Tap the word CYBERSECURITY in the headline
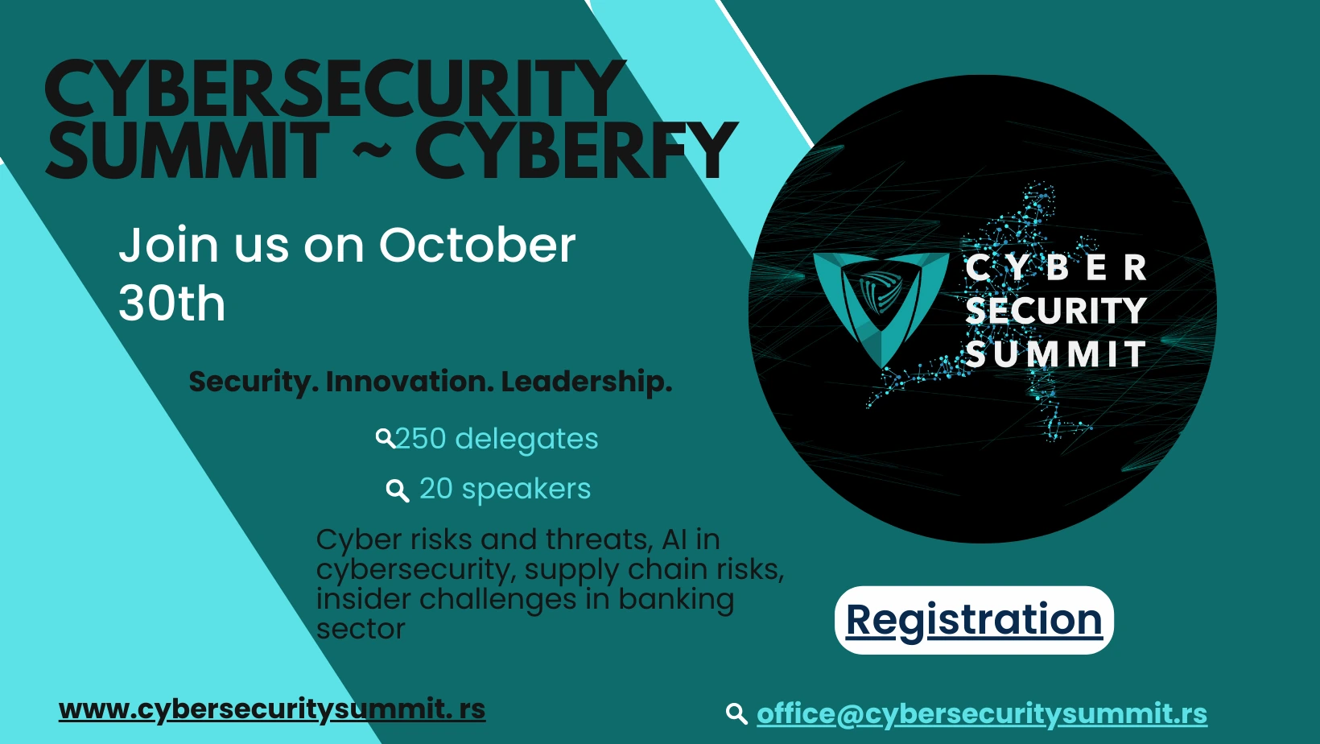click(x=335, y=89)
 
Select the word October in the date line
click(x=476, y=245)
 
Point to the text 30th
click(x=172, y=303)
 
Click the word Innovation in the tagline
click(x=410, y=382)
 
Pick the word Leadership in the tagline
click(x=587, y=382)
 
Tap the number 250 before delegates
click(x=420, y=439)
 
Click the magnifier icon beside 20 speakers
click(x=397, y=490)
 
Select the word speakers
click(x=526, y=490)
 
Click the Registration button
click(x=974, y=620)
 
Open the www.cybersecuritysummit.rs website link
click(x=272, y=709)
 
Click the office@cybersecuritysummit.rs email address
click(x=982, y=714)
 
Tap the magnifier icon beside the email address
click(x=736, y=713)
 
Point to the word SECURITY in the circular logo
click(x=1056, y=311)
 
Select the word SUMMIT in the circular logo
click(x=1056, y=354)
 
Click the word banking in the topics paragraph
click(x=676, y=599)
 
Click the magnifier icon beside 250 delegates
click(x=386, y=438)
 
